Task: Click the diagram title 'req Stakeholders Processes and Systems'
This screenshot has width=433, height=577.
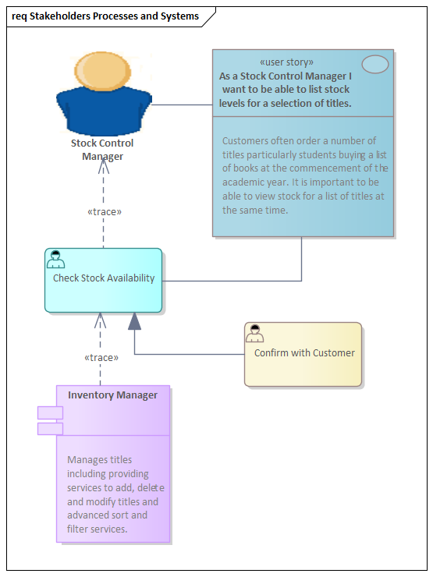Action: (105, 16)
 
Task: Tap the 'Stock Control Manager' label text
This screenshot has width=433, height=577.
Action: (102, 150)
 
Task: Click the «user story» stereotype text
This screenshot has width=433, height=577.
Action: (286, 62)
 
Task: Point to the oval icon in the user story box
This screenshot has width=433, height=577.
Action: (375, 65)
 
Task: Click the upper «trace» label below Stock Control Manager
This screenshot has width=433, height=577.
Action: (104, 211)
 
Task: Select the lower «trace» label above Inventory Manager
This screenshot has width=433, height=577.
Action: (101, 358)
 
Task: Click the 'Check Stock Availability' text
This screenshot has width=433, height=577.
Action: (104, 278)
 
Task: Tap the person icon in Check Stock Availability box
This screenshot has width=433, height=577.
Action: (55, 260)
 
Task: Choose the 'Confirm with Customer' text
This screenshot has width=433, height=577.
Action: (304, 353)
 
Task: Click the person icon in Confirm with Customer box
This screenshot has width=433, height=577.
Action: (255, 334)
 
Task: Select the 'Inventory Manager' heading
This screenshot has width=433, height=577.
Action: (112, 395)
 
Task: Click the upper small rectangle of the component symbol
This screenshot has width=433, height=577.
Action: (50, 412)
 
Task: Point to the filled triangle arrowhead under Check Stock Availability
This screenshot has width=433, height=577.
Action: (135, 320)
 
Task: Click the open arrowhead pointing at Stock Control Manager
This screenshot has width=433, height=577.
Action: (104, 160)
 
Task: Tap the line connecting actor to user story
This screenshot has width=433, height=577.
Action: (182, 104)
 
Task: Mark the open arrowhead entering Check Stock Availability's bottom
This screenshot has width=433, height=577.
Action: (100, 319)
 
